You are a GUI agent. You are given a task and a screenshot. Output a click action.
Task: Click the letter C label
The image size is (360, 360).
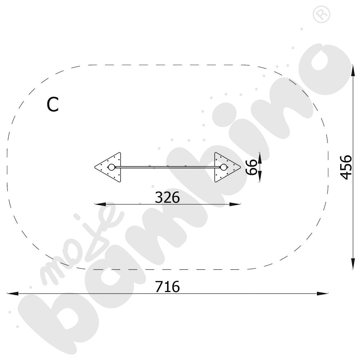tap(53, 104)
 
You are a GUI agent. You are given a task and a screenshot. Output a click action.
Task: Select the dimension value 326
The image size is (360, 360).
tap(167, 197)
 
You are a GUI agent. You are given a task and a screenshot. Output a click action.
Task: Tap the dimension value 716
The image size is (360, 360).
tap(167, 287)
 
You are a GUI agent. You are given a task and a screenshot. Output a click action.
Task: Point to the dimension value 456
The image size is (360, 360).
tap(346, 167)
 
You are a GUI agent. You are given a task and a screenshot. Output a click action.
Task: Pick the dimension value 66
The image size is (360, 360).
tap(251, 167)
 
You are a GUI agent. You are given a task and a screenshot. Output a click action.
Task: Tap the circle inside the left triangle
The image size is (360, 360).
tap(111, 167)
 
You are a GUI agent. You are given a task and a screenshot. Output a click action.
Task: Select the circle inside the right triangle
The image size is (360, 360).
tap(224, 167)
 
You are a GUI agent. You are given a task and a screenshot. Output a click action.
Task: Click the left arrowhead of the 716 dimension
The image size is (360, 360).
tap(13, 293)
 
